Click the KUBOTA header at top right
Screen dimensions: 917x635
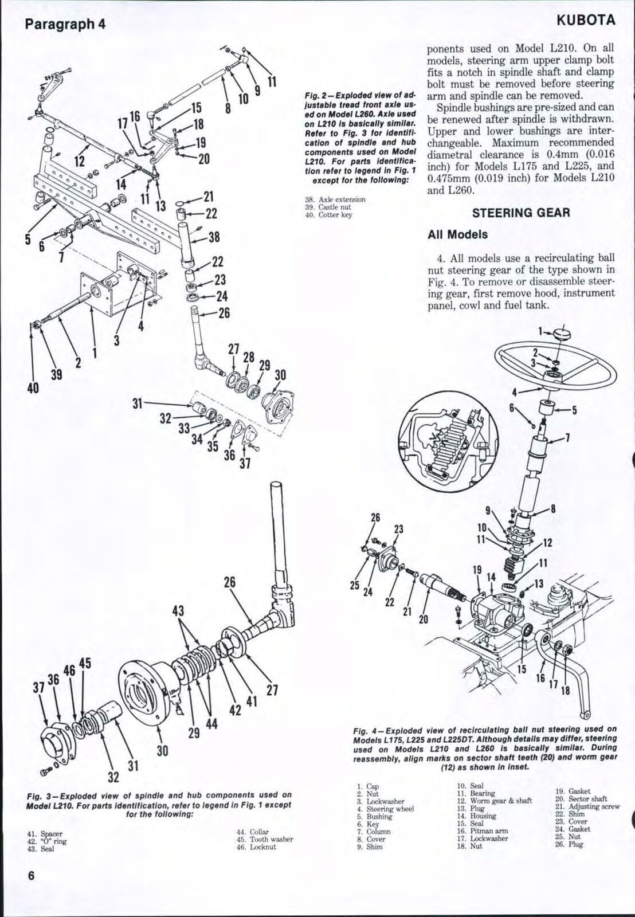pos(585,21)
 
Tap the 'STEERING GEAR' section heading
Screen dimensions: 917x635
pos(520,213)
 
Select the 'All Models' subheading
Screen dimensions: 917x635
pos(457,234)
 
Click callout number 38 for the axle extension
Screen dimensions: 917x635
pos(214,237)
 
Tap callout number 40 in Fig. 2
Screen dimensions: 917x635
pos(33,388)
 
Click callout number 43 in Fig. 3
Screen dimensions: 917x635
pos(178,611)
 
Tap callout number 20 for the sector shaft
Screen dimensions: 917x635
pos(424,619)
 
